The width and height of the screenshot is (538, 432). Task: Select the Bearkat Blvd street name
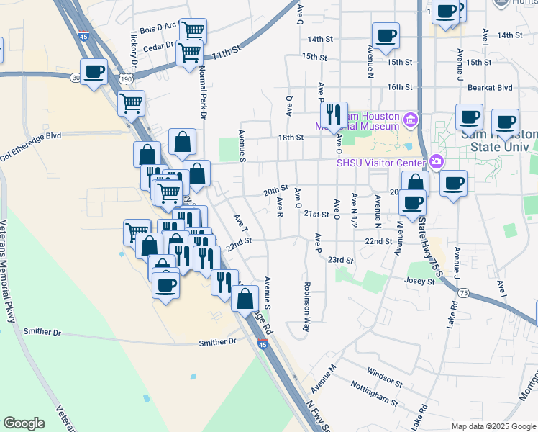(490, 87)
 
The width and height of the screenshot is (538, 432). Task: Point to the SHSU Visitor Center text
(381, 162)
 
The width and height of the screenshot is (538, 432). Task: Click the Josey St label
(421, 282)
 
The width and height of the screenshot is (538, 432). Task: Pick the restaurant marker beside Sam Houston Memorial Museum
(334, 114)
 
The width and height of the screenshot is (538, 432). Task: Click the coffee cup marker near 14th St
(386, 35)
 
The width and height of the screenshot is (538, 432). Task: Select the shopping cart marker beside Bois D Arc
(192, 30)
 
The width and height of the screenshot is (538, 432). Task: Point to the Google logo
(24, 423)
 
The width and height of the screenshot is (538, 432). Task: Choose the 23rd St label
(340, 260)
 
